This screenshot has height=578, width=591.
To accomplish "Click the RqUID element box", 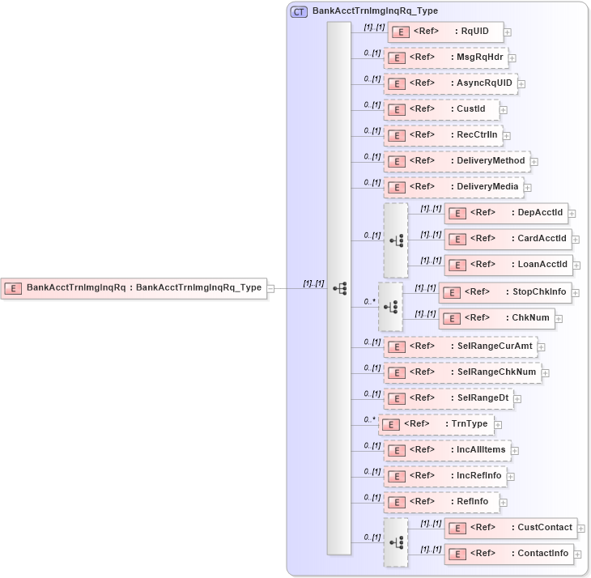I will coord(445,32).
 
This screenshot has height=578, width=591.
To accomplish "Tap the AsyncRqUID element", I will coord(450,83).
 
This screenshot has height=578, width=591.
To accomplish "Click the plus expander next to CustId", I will coord(504,110).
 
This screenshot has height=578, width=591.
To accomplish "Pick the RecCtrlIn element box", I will coord(443,135).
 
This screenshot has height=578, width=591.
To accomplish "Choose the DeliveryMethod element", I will coord(457,161).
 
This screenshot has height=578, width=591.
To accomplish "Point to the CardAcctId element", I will coord(508,239).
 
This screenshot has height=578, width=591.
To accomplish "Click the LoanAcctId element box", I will coord(508,265).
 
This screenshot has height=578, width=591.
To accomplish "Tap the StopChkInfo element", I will coord(504,292).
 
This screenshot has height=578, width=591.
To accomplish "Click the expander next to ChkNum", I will coord(559,319).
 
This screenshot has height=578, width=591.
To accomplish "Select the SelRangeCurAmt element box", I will coord(460,346).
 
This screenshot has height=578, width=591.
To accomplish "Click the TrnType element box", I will coord(436,424).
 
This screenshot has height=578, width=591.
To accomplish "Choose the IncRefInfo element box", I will coord(445,476).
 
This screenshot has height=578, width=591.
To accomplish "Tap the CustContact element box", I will coord(511,528).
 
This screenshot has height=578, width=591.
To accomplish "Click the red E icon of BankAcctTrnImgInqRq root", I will coord(14,287).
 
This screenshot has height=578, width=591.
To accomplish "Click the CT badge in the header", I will coord(299,11).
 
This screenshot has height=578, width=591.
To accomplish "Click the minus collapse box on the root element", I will coord(271,288).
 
